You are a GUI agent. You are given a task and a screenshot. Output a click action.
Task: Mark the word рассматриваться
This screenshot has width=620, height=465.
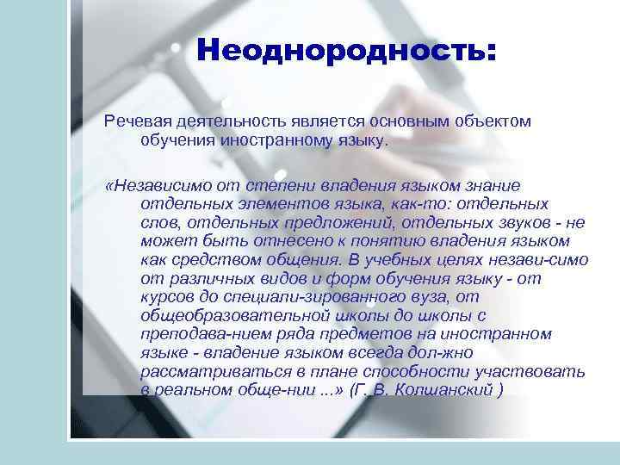[209, 372]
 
